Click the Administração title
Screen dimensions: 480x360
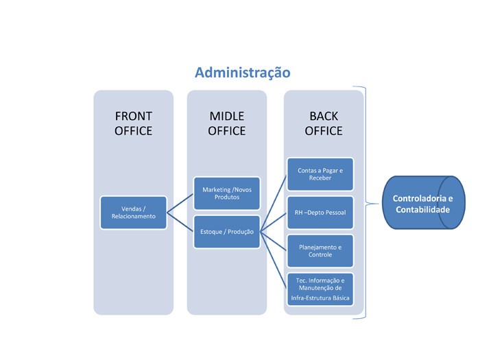(x=243, y=73)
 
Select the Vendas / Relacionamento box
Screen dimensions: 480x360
(x=134, y=213)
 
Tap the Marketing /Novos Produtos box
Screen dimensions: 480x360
(x=227, y=193)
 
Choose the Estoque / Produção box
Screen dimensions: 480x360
(x=227, y=232)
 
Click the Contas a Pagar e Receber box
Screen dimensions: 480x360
(x=320, y=174)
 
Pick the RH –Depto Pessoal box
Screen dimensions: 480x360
(x=320, y=213)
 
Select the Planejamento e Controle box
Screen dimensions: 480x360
(x=320, y=251)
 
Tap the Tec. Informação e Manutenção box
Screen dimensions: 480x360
(x=320, y=289)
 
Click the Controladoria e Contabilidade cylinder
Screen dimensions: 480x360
(x=424, y=202)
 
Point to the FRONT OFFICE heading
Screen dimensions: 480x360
(x=134, y=123)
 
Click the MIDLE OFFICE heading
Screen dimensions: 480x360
(x=227, y=123)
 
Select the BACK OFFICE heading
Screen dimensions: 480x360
(x=324, y=123)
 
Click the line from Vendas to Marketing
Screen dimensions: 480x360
(x=180, y=203)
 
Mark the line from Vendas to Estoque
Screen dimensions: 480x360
(x=180, y=222)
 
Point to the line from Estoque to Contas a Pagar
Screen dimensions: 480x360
(x=274, y=204)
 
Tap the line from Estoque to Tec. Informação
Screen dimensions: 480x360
(x=274, y=260)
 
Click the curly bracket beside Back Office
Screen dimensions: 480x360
(x=365, y=203)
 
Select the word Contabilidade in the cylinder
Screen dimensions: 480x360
(x=423, y=210)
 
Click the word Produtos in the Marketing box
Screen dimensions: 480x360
(x=227, y=197)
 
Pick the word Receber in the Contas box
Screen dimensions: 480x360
(x=320, y=178)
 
